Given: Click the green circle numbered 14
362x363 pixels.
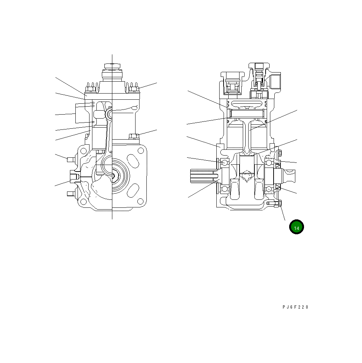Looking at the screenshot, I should tap(296, 227).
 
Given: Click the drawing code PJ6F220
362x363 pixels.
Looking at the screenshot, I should tap(295, 307).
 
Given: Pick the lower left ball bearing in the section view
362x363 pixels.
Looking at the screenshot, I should tap(225, 189).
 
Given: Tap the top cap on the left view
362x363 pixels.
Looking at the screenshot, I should tap(112, 66).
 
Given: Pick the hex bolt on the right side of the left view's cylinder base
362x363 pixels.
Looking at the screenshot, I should tap(133, 136).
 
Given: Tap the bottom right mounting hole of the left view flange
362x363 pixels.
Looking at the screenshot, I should tap(140, 200).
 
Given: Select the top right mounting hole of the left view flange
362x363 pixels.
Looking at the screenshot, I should tap(140, 150).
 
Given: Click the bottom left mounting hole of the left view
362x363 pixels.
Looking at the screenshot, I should tap(84, 201).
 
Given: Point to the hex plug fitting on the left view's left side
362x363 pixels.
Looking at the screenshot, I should tap(74, 177).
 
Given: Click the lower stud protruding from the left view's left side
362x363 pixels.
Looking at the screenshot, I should tap(70, 194).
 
